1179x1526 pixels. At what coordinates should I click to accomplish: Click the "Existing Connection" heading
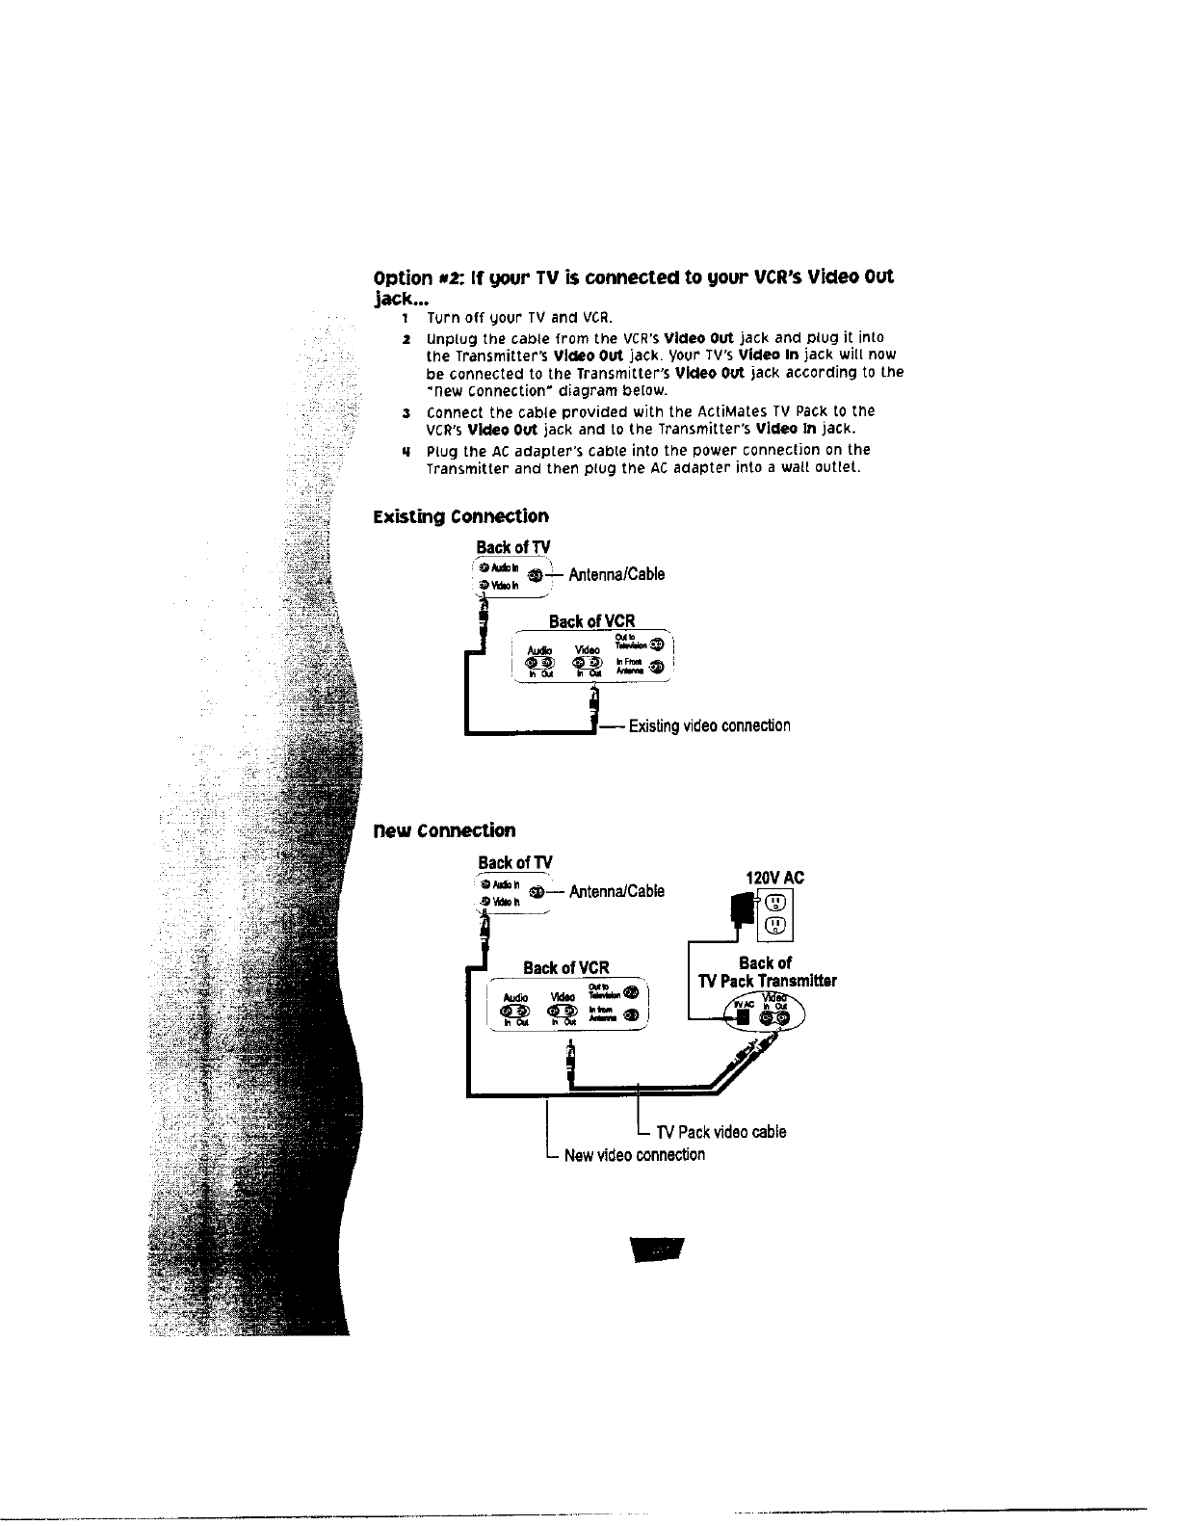[460, 516]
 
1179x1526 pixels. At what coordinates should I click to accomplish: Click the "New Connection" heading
[444, 830]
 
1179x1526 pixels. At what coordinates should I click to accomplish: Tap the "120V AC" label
[775, 878]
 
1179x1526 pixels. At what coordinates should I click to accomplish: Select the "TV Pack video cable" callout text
[720, 1132]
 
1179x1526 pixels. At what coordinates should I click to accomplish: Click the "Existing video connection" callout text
[709, 725]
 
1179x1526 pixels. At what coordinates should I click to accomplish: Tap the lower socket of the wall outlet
[777, 927]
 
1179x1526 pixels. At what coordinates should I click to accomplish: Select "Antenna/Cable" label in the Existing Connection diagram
[616, 575]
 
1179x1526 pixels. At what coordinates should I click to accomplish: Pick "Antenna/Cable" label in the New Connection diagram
[616, 891]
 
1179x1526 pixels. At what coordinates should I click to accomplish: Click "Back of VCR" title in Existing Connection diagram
[591, 621]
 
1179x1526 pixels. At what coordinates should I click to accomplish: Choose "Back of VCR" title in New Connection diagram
[565, 967]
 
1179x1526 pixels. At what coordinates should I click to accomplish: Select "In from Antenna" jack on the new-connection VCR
[631, 1014]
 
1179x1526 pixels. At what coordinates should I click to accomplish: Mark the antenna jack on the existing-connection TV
[535, 576]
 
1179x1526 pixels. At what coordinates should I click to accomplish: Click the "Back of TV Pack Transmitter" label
[767, 972]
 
